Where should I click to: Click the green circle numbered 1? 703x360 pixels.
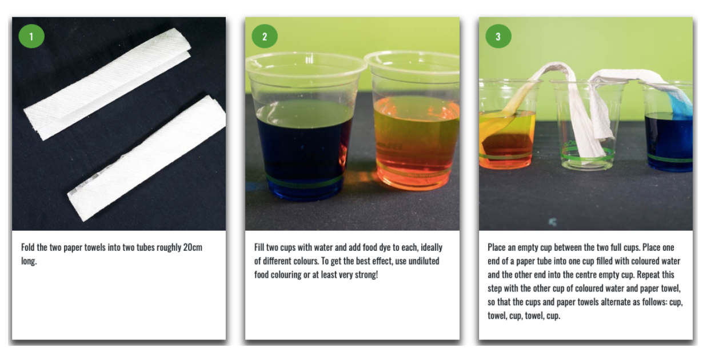(x=31, y=36)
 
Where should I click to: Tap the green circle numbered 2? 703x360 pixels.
(x=265, y=36)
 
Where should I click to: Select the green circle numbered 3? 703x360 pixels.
(x=498, y=36)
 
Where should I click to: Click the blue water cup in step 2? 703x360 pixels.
(x=304, y=126)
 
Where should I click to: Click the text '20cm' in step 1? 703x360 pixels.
(x=193, y=247)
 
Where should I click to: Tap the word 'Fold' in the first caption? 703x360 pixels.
(x=27, y=247)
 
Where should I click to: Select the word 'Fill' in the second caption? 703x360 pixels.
(x=259, y=247)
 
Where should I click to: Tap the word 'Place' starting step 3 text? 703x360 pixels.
(x=497, y=247)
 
